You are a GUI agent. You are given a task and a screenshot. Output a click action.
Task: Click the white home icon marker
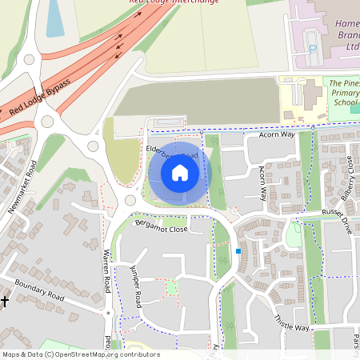point(180,172)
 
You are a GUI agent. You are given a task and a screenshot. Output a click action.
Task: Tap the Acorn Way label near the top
point(277,135)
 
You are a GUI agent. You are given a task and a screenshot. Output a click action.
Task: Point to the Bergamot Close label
point(161,228)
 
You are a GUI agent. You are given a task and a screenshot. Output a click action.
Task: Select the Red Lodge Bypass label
point(40,97)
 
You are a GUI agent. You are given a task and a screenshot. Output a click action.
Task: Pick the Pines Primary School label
point(346,93)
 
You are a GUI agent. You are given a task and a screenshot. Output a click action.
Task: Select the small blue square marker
point(238,251)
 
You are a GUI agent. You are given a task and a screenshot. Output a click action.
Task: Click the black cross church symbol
point(5,301)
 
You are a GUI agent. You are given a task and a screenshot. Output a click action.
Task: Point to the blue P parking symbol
point(313,49)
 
